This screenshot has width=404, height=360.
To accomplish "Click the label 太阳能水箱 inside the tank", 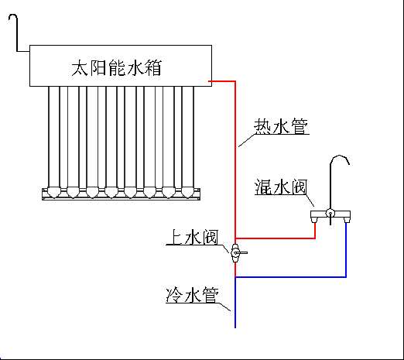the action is tap(116, 68).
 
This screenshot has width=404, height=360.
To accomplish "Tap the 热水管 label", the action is tap(281, 126).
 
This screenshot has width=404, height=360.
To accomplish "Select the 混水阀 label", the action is tap(280, 187).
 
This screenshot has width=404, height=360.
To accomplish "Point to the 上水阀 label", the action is tap(192, 237).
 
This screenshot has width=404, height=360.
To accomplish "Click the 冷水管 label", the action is tap(193, 294).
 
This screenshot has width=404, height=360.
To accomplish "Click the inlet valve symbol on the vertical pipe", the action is tap(236, 253).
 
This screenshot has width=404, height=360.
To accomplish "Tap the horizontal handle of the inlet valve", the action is tap(242, 252).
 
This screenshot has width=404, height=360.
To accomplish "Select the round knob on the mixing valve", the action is tap(330, 213).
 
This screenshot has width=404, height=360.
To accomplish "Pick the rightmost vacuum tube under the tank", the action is tap(188, 137).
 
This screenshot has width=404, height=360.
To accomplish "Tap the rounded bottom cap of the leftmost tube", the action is tap(54, 192).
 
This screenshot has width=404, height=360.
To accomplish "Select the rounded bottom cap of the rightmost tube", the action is tap(188, 192).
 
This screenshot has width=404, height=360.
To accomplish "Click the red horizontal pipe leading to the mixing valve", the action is tap(276, 238).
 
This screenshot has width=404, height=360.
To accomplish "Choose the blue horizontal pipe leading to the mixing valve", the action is tap(291, 277).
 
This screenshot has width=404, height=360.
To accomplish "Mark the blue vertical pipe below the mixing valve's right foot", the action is tap(346, 250).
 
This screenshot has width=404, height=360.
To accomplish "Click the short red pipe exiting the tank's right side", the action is tap(222, 81).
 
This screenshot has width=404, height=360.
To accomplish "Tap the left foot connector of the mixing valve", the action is tap(315, 220).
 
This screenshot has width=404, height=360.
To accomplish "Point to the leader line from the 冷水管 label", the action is tap(224, 307).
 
